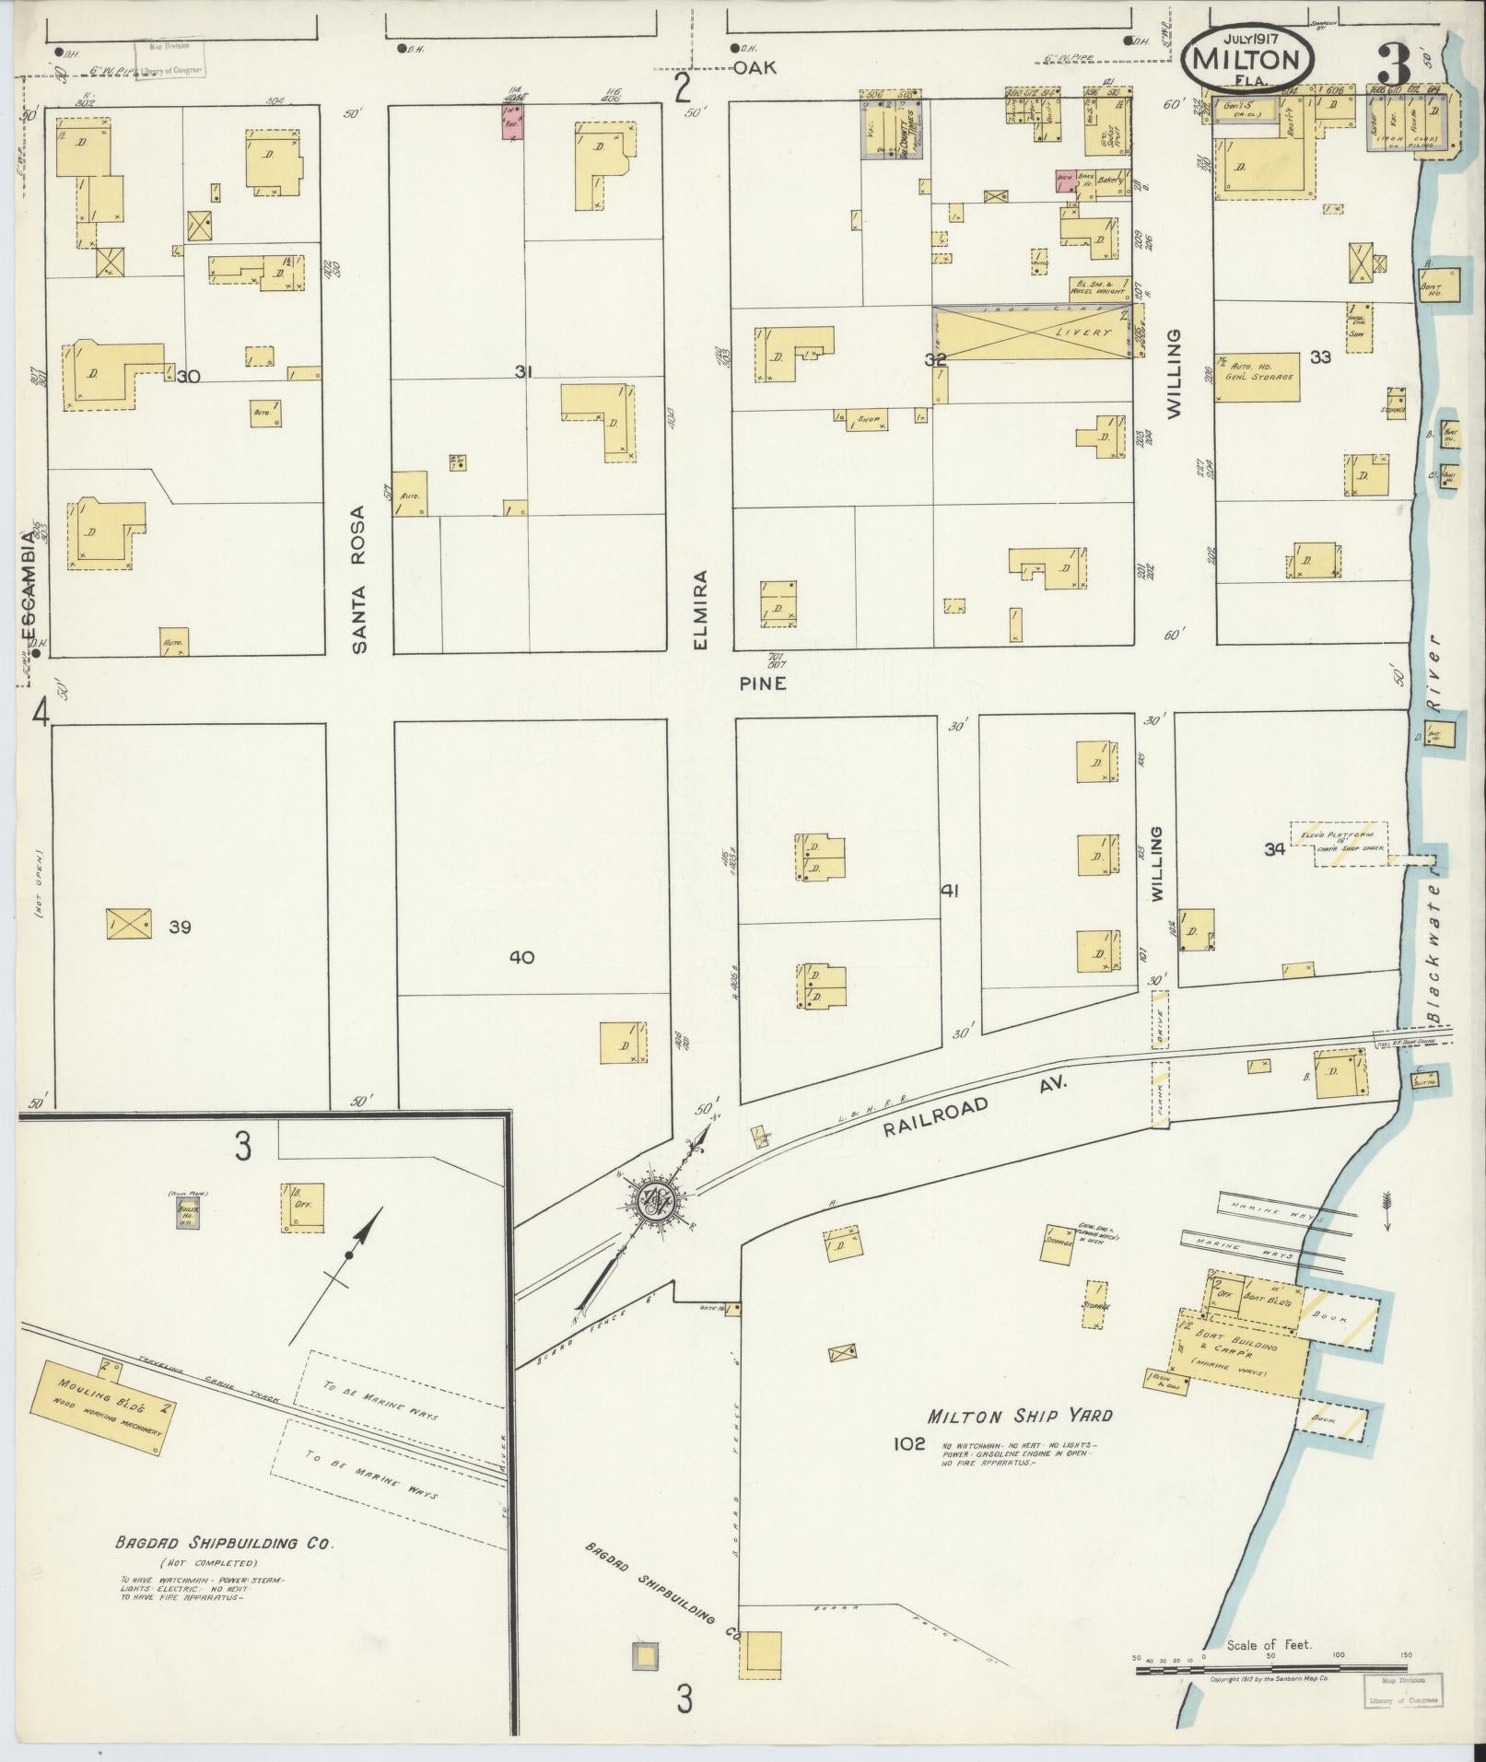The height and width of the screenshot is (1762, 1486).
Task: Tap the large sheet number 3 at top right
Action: coord(1395,64)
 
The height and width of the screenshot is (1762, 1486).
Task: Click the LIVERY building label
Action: coord(1084,333)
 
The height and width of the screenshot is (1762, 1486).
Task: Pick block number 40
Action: coord(521,958)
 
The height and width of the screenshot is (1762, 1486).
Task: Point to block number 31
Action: coord(524,372)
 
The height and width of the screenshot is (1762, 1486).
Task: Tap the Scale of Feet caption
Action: coord(1269,1645)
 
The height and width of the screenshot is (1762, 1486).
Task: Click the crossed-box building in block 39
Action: coord(129,922)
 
